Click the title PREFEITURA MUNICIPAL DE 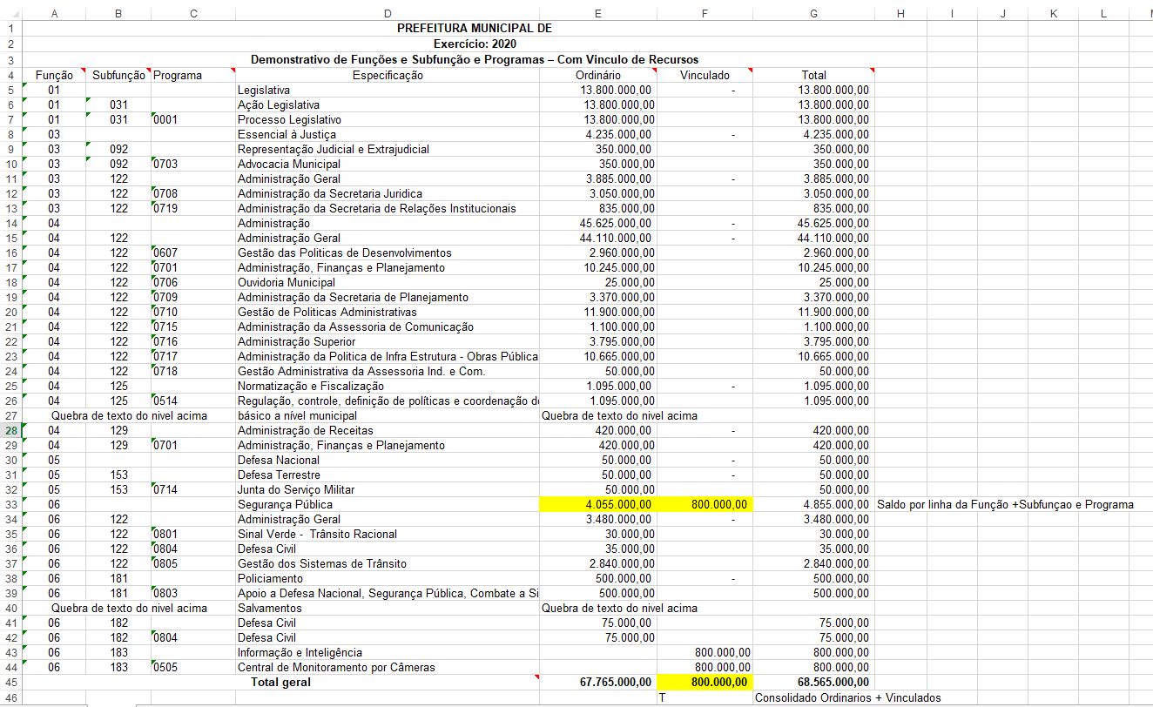point(474,28)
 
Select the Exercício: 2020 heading point(474,44)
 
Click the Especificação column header point(388,76)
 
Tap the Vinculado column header point(705,76)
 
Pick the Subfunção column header point(118,76)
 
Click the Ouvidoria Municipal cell point(287,282)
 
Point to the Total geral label point(280,683)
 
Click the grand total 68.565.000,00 point(833,683)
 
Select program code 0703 point(165,164)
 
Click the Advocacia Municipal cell point(289,164)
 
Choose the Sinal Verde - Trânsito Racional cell point(317,534)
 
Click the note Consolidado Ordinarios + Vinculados point(847,697)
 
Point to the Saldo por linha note point(1005,504)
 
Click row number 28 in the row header point(10,430)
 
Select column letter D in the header point(387,13)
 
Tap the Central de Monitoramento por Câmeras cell point(336,667)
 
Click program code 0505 point(165,667)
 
